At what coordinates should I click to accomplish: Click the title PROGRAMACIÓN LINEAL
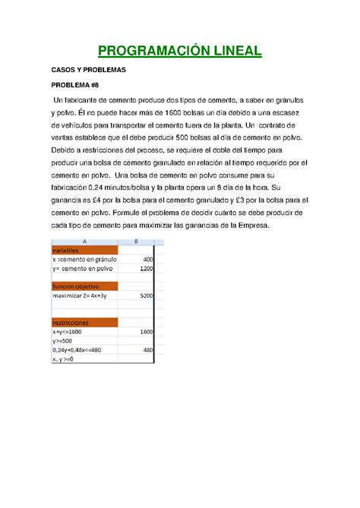click(179, 52)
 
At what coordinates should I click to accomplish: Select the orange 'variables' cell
click(84, 250)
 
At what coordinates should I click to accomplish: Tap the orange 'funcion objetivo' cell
click(84, 286)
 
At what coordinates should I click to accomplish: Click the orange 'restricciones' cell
click(84, 323)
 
